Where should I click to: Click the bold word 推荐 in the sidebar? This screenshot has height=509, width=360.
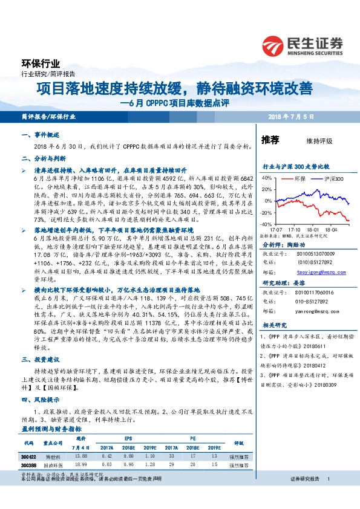[x=270, y=140]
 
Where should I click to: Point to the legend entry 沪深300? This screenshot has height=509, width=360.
[x=333, y=179]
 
